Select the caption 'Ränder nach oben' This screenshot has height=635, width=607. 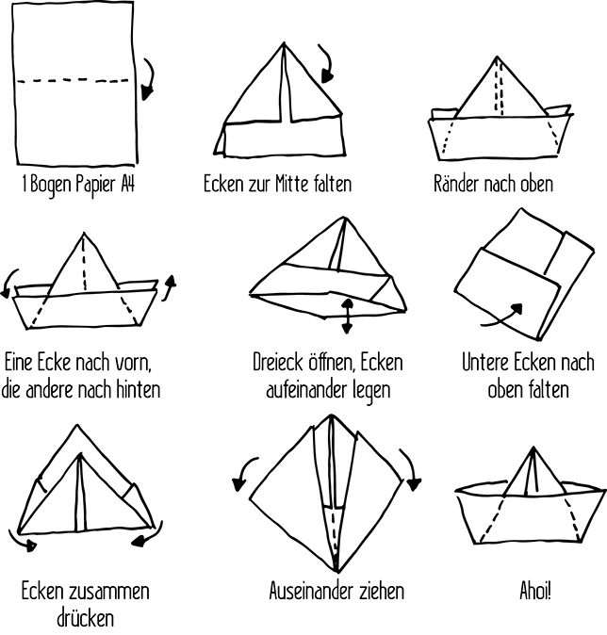click(493, 183)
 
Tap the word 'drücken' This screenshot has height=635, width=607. click(85, 618)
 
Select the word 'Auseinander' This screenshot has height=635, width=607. click(315, 592)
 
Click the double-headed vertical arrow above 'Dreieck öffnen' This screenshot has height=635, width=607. click(348, 316)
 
